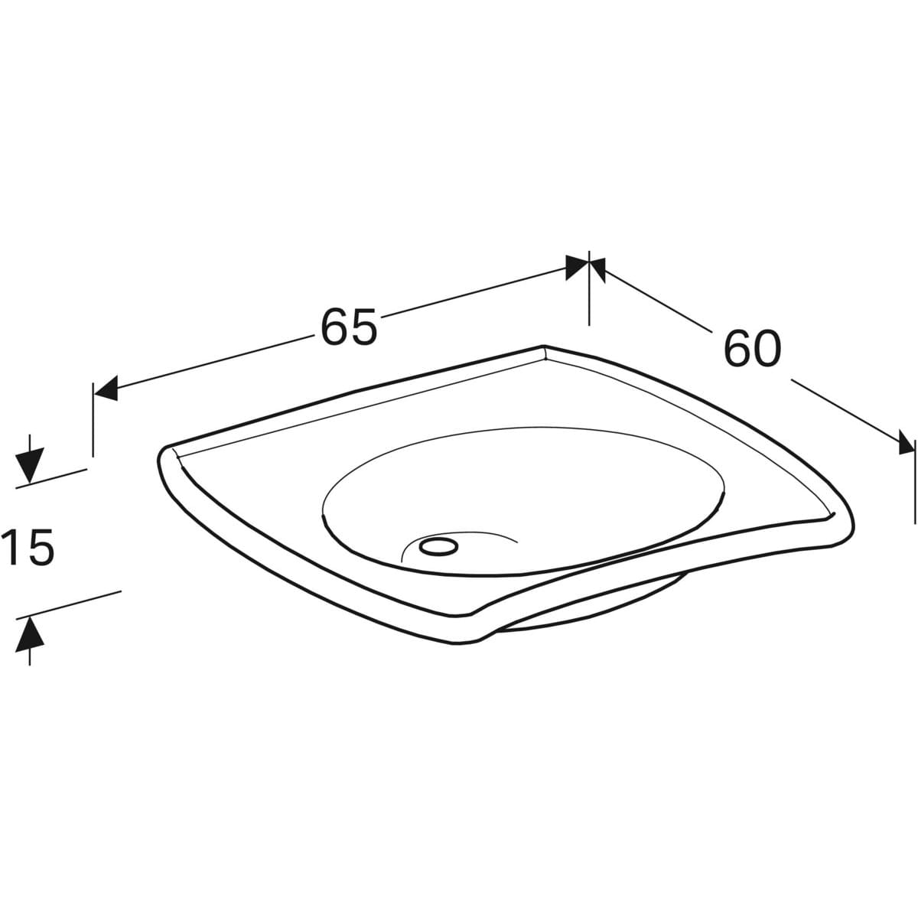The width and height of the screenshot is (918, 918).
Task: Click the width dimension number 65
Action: (349, 327)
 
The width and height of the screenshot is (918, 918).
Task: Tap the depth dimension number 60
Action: (753, 348)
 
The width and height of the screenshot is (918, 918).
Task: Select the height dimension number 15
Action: (28, 548)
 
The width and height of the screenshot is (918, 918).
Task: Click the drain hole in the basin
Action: (438, 546)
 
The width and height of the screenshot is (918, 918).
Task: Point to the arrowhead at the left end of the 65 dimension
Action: (106, 388)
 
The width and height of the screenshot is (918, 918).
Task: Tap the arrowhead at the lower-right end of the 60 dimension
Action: (906, 442)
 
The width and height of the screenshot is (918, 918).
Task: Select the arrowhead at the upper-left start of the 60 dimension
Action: (598, 269)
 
